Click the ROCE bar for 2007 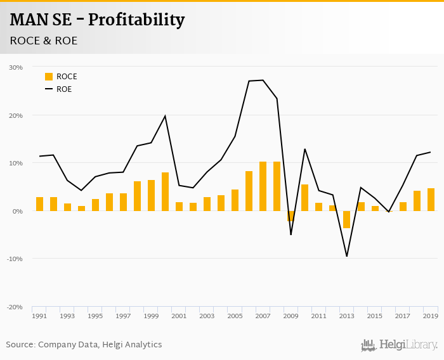263,186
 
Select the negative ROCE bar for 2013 346,219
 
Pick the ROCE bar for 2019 431,200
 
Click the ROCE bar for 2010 304,198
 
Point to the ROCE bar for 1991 39,204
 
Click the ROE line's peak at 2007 263,80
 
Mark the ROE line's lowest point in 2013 347,256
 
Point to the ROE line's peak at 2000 165,116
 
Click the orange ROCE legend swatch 49,77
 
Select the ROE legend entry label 64,89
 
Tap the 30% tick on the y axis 16,67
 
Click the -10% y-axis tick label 15,259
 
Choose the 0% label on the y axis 18,211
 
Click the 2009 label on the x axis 291,316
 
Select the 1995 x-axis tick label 95,316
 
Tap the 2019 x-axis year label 431,316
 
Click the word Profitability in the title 136,20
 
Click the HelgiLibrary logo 400,345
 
